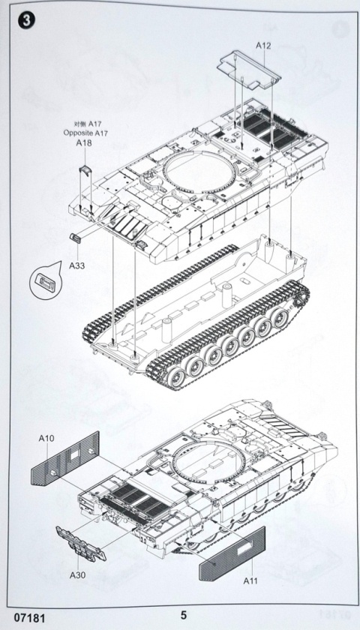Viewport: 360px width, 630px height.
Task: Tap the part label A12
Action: tap(263, 45)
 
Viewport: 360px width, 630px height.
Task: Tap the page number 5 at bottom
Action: tap(184, 614)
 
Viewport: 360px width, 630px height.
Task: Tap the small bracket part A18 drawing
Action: tap(84, 172)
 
